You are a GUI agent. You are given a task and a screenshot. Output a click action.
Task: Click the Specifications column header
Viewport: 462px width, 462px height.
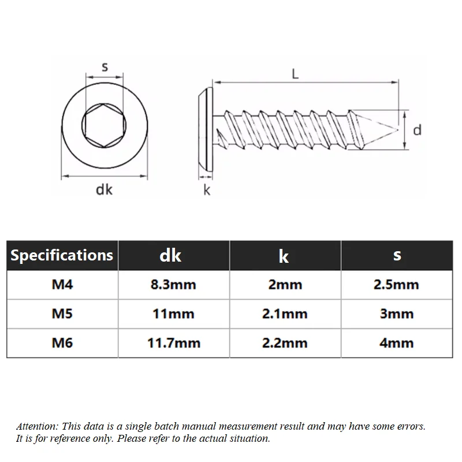click(62, 255)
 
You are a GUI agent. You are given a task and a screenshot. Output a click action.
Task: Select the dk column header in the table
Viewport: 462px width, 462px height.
click(170, 255)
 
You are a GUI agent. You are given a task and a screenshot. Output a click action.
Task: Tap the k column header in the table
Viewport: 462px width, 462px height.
click(284, 256)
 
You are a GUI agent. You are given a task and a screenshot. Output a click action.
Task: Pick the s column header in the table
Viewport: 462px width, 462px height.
click(397, 255)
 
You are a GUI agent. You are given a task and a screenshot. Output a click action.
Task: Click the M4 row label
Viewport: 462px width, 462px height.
click(62, 284)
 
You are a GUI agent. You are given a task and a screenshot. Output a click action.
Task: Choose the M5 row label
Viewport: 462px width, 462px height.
click(62, 314)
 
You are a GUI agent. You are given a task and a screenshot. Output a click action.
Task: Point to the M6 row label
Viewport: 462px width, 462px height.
click(62, 343)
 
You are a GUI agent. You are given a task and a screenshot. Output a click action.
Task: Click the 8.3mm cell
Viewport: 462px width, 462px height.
click(173, 285)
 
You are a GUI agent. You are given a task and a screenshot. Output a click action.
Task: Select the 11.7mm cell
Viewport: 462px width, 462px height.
click(174, 343)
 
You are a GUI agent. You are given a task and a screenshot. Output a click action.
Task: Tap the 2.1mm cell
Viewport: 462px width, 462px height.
click(285, 314)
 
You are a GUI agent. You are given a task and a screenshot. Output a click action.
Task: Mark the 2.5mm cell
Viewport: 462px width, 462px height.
click(396, 285)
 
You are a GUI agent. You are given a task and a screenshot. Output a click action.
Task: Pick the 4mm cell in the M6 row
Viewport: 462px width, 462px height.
click(397, 343)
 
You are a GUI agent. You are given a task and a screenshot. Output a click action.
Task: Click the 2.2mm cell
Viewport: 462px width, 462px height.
click(285, 343)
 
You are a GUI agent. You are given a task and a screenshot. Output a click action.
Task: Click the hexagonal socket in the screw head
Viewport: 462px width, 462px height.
click(104, 125)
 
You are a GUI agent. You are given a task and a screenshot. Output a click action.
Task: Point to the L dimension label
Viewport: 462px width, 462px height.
click(295, 74)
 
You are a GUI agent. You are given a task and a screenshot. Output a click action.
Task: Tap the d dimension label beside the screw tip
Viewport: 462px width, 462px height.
click(417, 130)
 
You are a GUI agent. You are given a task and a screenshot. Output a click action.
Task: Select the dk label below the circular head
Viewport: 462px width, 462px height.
click(104, 189)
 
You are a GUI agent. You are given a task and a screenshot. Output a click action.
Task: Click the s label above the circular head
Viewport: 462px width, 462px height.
click(105, 67)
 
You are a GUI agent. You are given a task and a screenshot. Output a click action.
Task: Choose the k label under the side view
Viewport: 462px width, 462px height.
click(207, 190)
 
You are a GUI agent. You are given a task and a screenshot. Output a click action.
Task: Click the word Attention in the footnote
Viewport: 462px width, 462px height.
click(38, 426)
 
